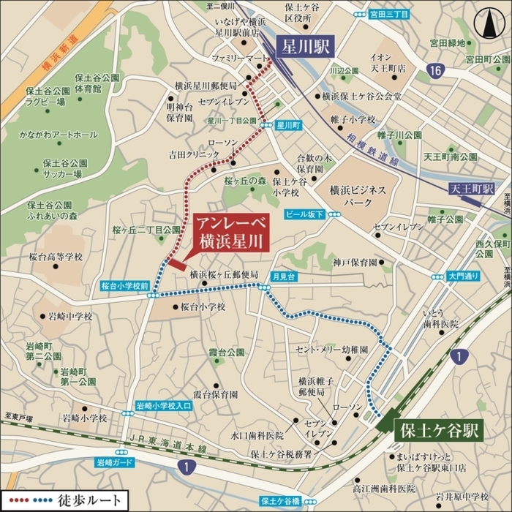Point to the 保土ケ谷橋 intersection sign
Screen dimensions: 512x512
pyautogui.click(x=280, y=502)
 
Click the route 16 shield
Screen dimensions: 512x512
pyautogui.click(x=437, y=70)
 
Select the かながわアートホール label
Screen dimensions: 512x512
pyautogui.click(x=61, y=135)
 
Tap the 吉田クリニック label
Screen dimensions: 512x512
pyautogui.click(x=194, y=154)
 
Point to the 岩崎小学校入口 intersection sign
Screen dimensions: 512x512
pyautogui.click(x=164, y=404)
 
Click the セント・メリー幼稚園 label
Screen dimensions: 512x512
pyautogui.click(x=332, y=350)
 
